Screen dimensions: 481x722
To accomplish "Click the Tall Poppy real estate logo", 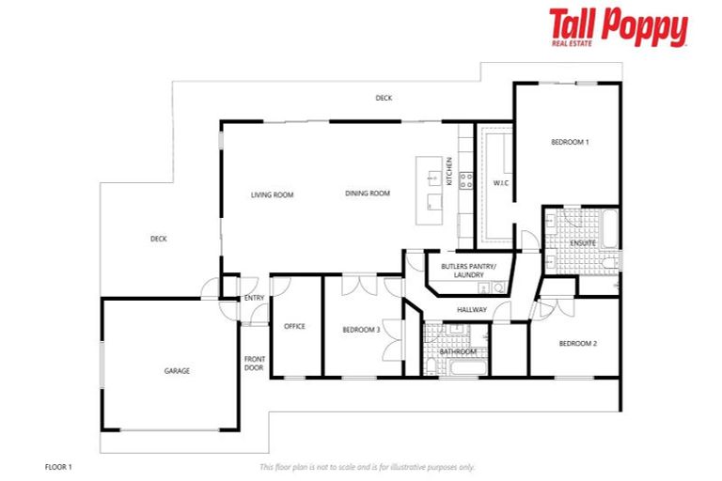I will (618, 28).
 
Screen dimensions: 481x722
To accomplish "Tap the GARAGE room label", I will (177, 371).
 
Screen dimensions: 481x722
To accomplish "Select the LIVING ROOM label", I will (273, 194).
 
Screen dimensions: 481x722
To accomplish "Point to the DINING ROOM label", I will (367, 194).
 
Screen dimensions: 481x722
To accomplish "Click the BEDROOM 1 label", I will (570, 142).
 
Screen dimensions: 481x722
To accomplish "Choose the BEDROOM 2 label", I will (577, 344).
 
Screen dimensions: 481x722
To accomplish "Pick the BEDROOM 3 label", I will (361, 330).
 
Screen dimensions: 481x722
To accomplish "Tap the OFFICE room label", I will (294, 326).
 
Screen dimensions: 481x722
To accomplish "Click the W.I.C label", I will (500, 182).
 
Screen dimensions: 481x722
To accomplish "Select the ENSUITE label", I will (583, 243).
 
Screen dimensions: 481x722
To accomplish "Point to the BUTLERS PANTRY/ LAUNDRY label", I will (462, 271).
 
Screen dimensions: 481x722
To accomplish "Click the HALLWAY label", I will (472, 309).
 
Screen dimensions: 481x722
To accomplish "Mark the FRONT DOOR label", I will (254, 363).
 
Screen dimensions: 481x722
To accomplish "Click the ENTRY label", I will (254, 298).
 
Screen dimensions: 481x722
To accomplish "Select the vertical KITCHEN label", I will (449, 172).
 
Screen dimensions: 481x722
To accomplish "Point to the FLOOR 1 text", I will (58, 466).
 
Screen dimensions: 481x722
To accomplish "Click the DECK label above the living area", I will (384, 98).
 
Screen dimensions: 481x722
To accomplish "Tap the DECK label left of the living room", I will (158, 239).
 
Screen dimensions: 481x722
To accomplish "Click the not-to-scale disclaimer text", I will (367, 466).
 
